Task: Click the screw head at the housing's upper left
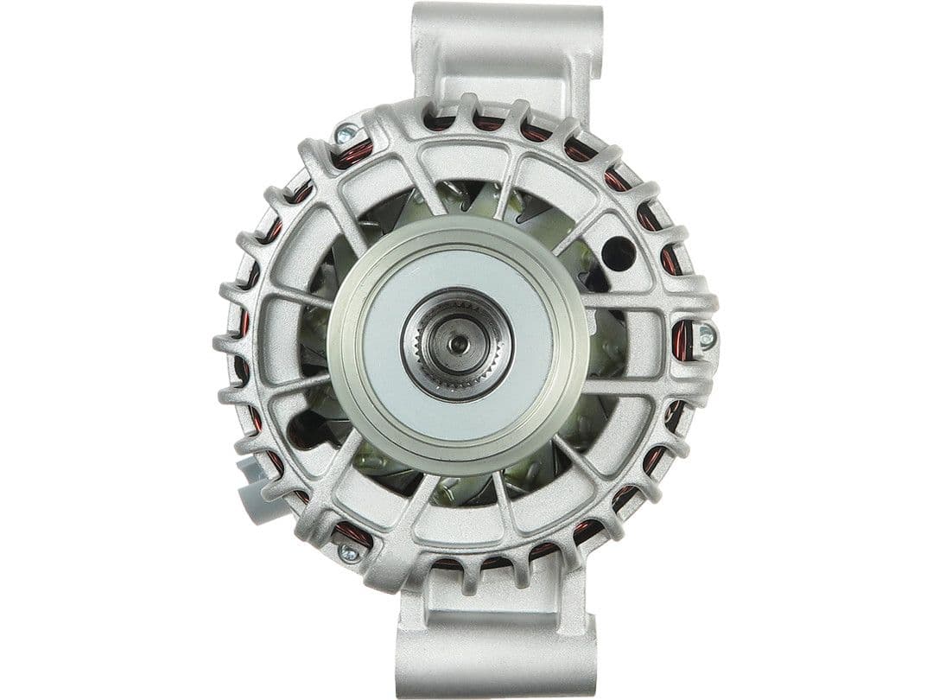tap(346, 134)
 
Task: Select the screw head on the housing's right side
tap(706, 337)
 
